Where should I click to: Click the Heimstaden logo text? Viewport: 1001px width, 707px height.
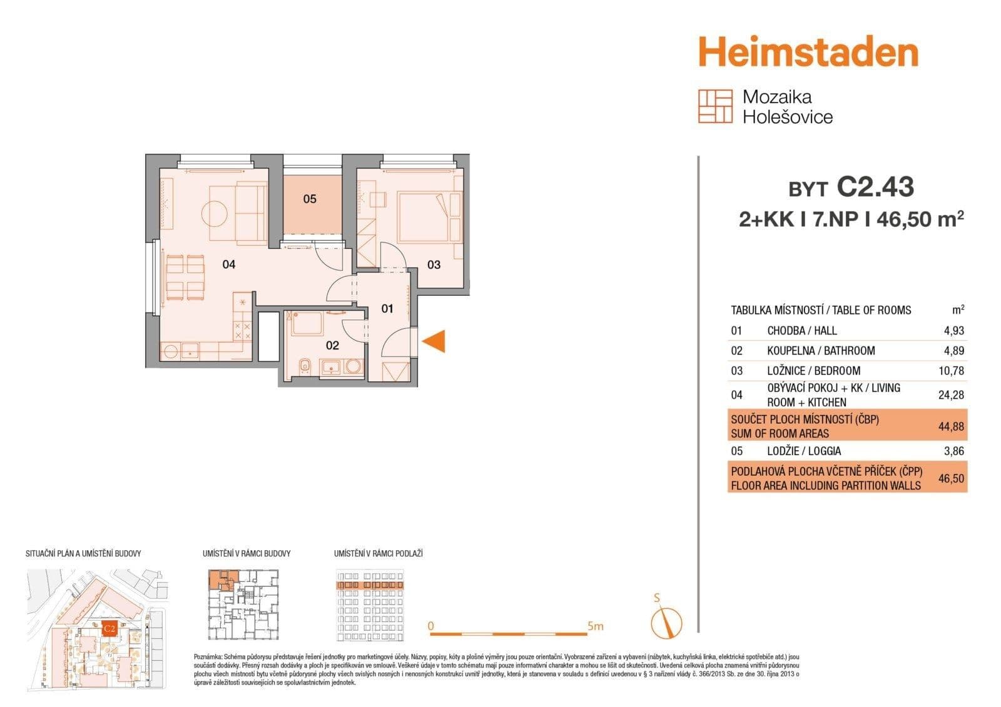808,53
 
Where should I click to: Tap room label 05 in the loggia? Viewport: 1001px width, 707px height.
310,199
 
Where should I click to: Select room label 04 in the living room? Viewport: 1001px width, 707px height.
229,264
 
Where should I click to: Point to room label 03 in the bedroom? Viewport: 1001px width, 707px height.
434,264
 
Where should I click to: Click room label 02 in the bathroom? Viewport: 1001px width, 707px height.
332,345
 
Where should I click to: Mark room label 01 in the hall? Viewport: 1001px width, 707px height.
387,308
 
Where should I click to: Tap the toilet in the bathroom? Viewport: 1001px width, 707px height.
305,366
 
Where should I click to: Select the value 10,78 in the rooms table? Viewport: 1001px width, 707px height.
951,371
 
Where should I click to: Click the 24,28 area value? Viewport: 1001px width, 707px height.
951,395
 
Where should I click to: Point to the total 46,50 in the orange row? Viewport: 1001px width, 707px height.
951,479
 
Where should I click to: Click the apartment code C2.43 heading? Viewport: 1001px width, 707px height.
875,187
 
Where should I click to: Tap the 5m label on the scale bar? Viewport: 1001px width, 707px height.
595,626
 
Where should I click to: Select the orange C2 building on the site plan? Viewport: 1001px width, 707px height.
109,628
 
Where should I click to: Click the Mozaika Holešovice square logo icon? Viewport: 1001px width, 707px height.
714,106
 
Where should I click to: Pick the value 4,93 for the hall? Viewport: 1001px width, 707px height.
953,330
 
